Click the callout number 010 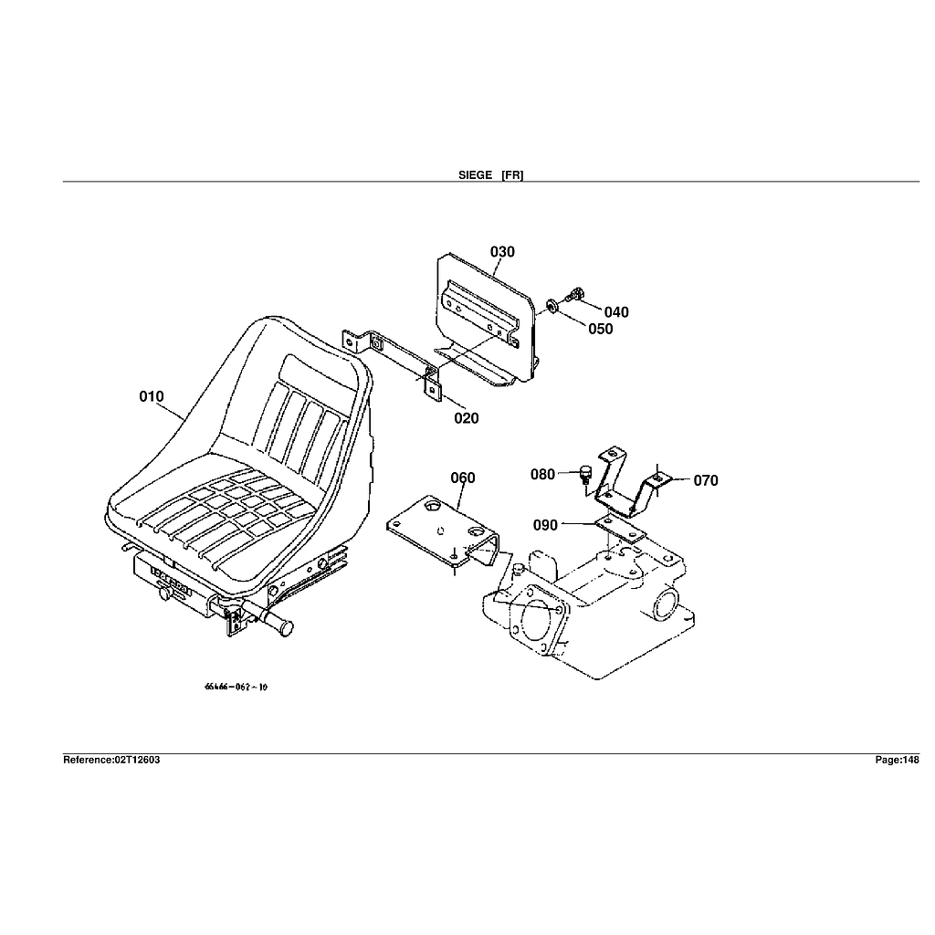tap(152, 396)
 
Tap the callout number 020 tap(466, 418)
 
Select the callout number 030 tap(502, 252)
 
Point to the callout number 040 tap(616, 312)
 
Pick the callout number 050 tap(601, 329)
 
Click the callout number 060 tap(463, 478)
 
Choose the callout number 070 tap(706, 480)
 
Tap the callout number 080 tap(542, 474)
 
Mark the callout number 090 tap(545, 525)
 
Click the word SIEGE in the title tap(475, 174)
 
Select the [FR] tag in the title tap(512, 174)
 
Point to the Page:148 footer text tap(897, 760)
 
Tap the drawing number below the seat tap(236, 688)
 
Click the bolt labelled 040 tap(574, 295)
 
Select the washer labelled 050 tap(554, 305)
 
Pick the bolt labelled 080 tap(585, 474)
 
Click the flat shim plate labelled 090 tap(621, 527)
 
